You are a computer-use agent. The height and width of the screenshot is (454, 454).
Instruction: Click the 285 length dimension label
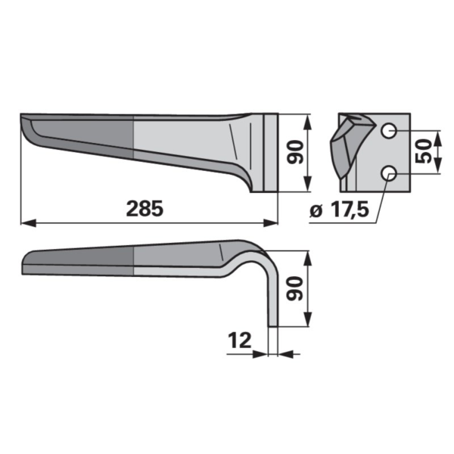click(145, 209)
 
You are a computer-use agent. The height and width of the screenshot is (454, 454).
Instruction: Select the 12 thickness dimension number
click(240, 340)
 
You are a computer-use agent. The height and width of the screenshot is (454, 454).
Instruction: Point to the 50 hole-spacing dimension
click(423, 151)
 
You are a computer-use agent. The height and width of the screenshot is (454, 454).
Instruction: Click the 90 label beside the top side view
click(295, 152)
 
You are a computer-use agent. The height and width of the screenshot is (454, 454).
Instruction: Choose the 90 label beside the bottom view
click(294, 288)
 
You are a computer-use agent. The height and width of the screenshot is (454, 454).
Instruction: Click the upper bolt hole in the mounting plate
click(389, 131)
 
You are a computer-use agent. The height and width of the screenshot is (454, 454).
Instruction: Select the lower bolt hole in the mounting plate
click(389, 173)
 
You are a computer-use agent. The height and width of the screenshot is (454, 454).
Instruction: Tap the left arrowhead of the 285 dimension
click(29, 223)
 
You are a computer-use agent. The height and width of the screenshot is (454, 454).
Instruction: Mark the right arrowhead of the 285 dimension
click(270, 223)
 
